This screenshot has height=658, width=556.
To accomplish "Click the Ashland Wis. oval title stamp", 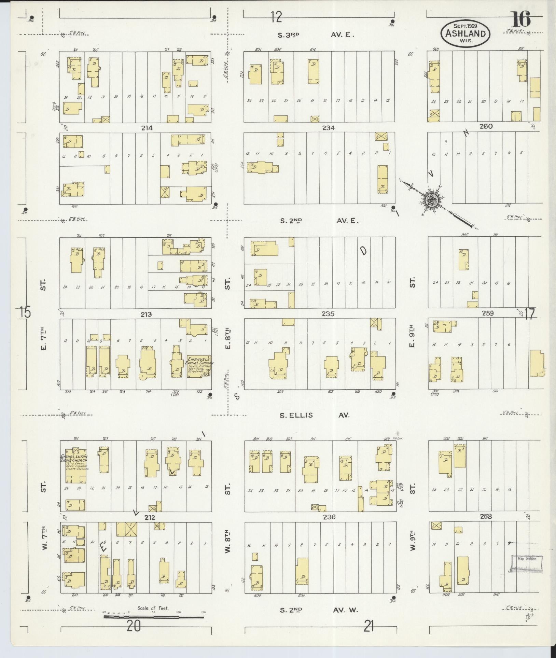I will click(x=466, y=34).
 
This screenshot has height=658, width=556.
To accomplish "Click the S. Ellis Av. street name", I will click(x=315, y=415).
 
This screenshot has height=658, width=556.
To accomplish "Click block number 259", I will click(x=487, y=313).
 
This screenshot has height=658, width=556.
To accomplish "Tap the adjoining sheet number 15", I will click(x=25, y=313).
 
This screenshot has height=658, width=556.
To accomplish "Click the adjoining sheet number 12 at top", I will click(x=276, y=17).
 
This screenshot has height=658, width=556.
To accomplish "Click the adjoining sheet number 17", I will click(x=529, y=314).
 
